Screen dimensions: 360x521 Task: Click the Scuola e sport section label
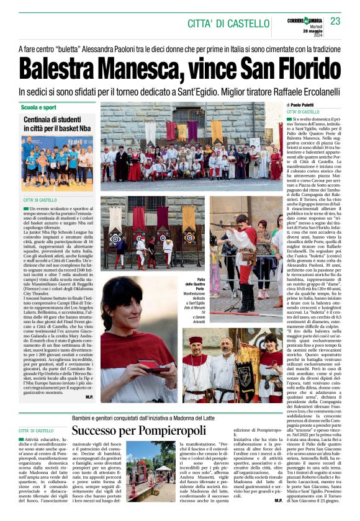pyautogui.click(x=38, y=107)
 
